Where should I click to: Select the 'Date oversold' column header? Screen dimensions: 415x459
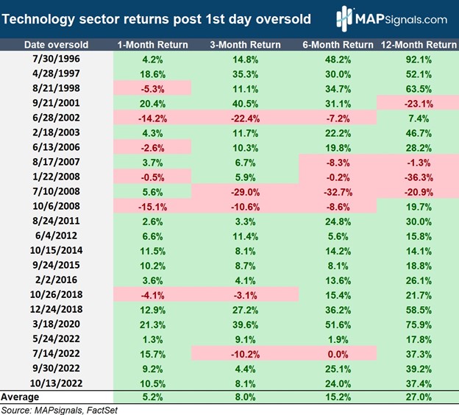click(57, 45)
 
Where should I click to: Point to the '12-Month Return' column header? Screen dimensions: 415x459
click(417, 45)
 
